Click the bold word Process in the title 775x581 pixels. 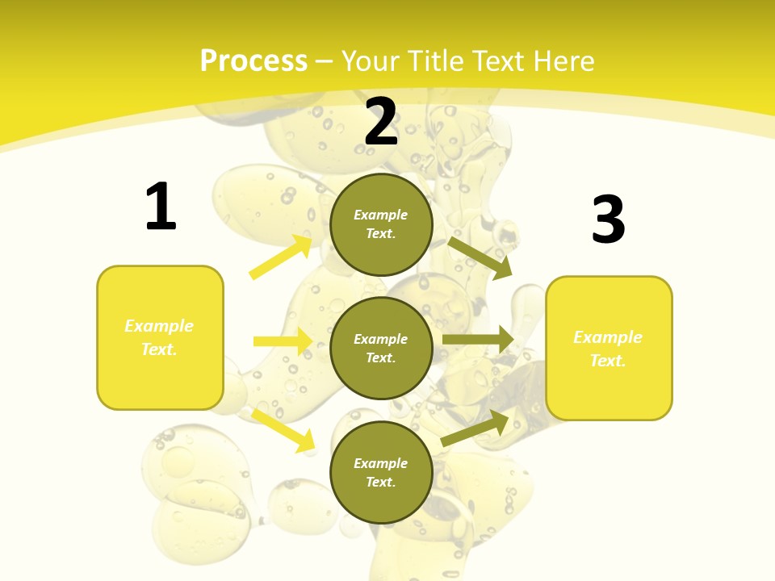253,61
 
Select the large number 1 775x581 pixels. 161,207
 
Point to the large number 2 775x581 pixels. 381,122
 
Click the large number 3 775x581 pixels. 608,220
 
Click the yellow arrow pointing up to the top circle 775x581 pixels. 281,257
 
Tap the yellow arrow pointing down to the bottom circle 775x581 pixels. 283,429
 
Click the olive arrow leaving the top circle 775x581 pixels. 480,257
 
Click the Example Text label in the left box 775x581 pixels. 159,337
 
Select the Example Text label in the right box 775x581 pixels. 608,349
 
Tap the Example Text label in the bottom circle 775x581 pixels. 381,472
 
